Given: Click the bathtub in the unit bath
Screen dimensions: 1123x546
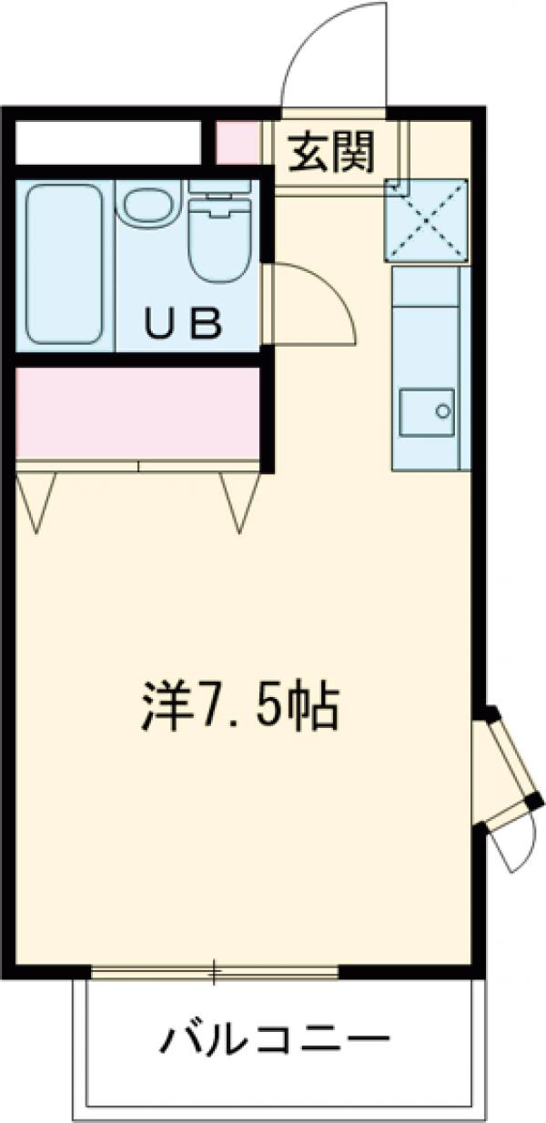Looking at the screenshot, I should click(x=64, y=264).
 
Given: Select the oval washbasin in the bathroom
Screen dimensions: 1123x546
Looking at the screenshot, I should click(x=149, y=207).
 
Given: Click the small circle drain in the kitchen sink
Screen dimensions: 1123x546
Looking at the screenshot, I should click(x=443, y=410).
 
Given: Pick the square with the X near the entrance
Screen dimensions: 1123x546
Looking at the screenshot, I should click(x=426, y=218).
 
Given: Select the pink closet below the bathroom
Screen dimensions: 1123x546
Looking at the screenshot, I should click(x=136, y=412).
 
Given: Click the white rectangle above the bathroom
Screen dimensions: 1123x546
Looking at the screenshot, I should click(x=107, y=141).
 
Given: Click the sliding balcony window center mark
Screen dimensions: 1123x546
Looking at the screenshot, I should click(x=215, y=973).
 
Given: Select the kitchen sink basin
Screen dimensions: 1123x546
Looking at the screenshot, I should click(x=426, y=411).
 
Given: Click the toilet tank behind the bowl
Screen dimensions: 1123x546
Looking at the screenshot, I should click(x=219, y=187).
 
